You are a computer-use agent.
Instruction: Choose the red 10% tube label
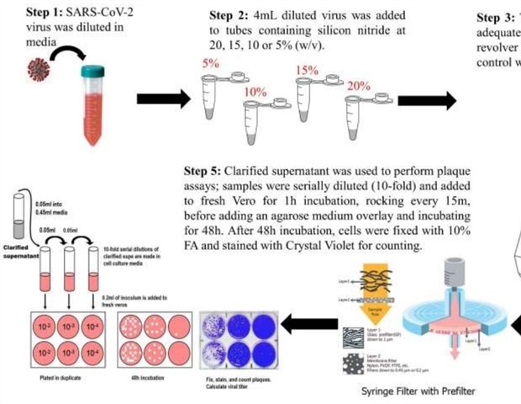254,90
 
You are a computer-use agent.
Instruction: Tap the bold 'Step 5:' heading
205,167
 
